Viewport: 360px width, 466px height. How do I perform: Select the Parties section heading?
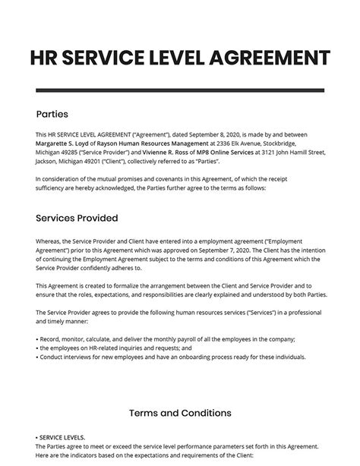coord(52,115)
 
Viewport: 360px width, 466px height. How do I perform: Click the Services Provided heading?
coord(77,218)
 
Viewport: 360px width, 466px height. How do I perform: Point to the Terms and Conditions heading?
coord(179,413)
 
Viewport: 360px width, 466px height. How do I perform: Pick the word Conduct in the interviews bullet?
coord(52,356)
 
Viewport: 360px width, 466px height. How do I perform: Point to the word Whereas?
coord(50,244)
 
